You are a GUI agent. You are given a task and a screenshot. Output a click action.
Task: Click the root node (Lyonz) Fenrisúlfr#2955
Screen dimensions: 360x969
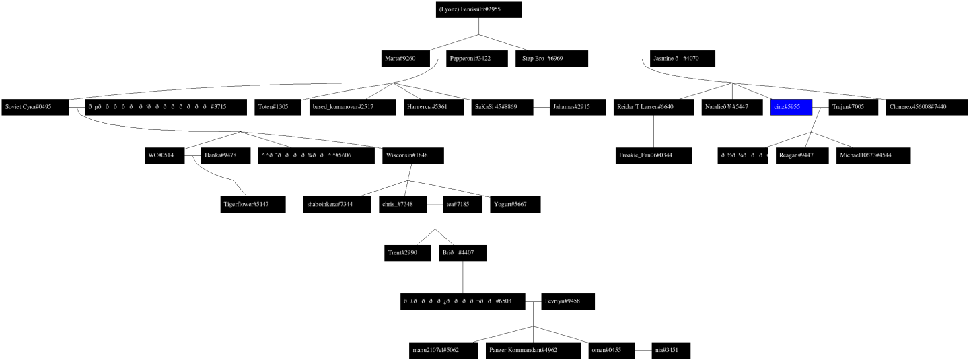click(x=478, y=10)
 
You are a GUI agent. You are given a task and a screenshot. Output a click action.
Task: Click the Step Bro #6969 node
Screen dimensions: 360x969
click(x=552, y=59)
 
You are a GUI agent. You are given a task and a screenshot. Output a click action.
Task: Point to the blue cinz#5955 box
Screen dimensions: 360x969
click(x=791, y=107)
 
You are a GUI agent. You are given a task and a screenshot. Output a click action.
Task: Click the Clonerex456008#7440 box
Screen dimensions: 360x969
click(x=926, y=107)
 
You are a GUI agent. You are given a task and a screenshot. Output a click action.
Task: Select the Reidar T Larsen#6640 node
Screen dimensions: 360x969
click(x=653, y=107)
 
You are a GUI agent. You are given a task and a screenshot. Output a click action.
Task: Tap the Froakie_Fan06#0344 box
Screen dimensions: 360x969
click(x=653, y=155)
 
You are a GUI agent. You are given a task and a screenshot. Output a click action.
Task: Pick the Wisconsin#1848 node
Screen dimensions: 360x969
click(x=412, y=155)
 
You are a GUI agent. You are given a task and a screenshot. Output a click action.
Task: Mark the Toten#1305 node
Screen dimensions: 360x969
click(x=280, y=107)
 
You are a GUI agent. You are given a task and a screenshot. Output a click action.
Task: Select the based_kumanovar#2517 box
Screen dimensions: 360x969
click(x=351, y=107)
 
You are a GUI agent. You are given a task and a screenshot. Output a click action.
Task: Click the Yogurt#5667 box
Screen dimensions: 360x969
click(x=514, y=204)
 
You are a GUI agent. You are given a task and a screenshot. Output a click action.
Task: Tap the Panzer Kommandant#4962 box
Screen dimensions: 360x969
click(x=532, y=351)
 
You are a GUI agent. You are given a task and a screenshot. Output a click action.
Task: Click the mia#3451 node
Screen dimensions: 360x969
click(x=671, y=351)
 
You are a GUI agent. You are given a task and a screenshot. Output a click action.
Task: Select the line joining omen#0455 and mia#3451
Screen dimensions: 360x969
click(x=643, y=351)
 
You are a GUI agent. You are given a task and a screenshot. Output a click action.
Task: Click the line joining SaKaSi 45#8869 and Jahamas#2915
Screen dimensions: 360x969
click(x=542, y=107)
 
